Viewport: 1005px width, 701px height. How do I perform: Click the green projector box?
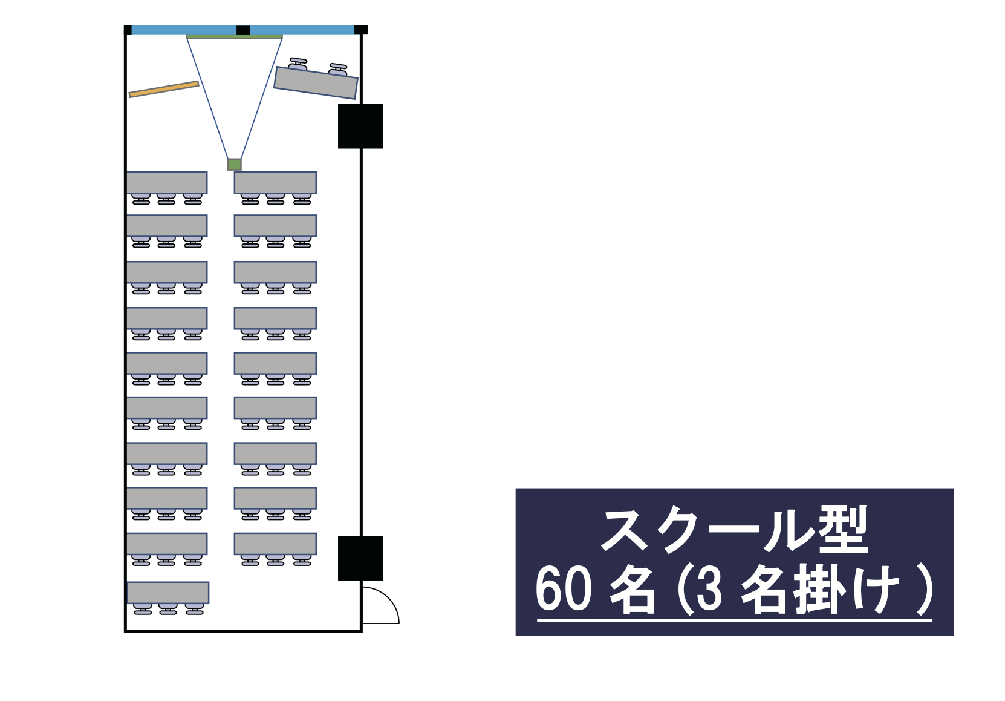[x=234, y=165]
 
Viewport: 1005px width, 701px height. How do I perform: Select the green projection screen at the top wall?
[x=234, y=36]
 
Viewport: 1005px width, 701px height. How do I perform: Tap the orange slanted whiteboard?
[x=164, y=89]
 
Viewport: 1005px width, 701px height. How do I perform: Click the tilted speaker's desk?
[x=316, y=82]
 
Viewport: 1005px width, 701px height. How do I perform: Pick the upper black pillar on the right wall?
[x=360, y=126]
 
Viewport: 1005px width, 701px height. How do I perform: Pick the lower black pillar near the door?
[x=360, y=559]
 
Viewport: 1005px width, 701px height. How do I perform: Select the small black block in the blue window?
[x=243, y=30]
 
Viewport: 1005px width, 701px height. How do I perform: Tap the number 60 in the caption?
[x=564, y=588]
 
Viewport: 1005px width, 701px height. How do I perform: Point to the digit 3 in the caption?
[x=709, y=589]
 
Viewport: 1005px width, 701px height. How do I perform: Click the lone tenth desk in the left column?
[x=167, y=593]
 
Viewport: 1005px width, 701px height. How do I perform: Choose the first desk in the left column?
[x=166, y=182]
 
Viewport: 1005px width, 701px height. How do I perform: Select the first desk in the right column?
[x=275, y=182]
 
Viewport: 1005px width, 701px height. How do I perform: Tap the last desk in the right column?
[x=275, y=544]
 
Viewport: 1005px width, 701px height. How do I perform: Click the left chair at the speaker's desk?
[x=298, y=64]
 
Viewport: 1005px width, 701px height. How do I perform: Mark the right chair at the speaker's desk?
[x=338, y=69]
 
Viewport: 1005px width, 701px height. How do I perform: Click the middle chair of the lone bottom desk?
[x=167, y=609]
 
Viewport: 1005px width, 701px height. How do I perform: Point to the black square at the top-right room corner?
[x=361, y=30]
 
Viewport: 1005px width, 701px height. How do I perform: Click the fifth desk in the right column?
[x=275, y=363]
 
